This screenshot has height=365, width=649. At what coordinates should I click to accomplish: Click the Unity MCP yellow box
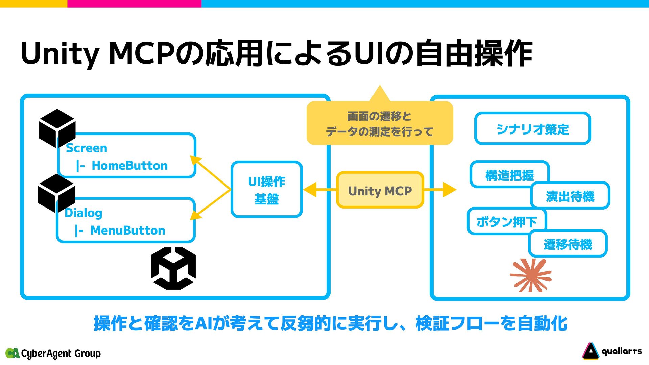[380, 190]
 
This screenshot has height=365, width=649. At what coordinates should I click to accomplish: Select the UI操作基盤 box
[267, 190]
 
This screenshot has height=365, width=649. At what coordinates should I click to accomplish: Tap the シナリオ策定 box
[532, 128]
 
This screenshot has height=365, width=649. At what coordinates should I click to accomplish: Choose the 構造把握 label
[509, 175]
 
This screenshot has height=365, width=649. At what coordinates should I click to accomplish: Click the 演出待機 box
[570, 196]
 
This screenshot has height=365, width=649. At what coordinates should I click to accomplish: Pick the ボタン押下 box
[506, 222]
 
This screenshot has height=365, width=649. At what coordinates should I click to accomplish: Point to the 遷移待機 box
[568, 244]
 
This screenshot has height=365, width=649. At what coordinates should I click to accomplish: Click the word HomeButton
[130, 165]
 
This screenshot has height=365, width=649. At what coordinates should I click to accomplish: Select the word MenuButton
[128, 230]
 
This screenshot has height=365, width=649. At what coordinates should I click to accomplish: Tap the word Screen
[87, 148]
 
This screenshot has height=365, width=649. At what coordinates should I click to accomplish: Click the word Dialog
[83, 213]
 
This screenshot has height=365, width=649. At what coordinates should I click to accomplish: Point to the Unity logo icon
[173, 268]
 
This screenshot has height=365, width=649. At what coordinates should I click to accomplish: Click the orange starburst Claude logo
[530, 275]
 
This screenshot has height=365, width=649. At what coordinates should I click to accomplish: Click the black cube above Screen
[57, 128]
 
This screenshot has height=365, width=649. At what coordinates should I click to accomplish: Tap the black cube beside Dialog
[56, 193]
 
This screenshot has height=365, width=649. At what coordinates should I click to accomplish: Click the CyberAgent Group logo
[53, 353]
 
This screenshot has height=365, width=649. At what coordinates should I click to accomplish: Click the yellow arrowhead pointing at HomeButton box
[195, 160]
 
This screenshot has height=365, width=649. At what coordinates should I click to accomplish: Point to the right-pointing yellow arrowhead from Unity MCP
[449, 190]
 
